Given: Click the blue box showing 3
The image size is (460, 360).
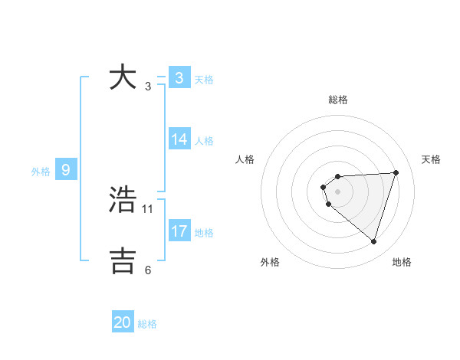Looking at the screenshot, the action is pos(179,78).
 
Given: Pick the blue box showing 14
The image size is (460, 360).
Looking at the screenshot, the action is pos(179,139).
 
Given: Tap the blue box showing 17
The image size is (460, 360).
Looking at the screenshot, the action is pos(179,231).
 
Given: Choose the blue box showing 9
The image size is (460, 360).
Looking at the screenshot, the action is pos(66,170).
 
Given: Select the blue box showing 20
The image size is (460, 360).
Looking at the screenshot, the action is pos(123,323).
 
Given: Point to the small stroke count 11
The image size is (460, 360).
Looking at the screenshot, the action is pos(148,208).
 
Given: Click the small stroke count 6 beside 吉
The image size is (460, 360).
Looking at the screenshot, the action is pos(148,270).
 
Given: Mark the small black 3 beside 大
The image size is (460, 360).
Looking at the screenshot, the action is pos(148,86).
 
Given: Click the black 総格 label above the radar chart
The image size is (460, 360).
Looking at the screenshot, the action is pos(338,100).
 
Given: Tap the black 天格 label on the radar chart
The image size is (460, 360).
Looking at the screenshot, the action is pos(431,159).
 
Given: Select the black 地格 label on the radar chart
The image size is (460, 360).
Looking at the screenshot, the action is pos(402,262).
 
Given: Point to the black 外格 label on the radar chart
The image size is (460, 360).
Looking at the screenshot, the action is pos(270,262).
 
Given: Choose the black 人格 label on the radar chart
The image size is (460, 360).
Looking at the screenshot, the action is pos(245,159).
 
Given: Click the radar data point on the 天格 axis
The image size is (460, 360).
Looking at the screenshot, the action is pos(396,172).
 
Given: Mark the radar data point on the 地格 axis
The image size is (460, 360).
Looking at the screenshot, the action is pos(373,241).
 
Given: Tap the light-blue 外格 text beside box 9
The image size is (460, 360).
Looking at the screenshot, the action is pos(41,172).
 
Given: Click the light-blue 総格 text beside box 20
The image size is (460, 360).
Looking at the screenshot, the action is pos(147,324).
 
